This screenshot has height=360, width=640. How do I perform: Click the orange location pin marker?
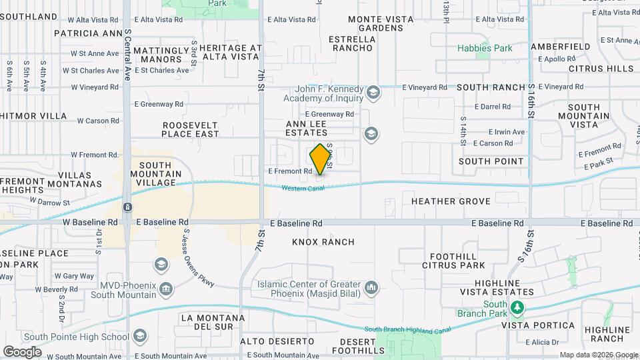click(x=321, y=159)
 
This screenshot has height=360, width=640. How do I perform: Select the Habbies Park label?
click(x=485, y=48)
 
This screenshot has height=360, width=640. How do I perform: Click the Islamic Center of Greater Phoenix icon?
click(x=371, y=289)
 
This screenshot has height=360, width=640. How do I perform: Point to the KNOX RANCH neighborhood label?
click(x=323, y=242)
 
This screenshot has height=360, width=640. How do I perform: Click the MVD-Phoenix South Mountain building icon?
click(x=166, y=289)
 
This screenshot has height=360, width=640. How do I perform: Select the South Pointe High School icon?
click(x=139, y=336)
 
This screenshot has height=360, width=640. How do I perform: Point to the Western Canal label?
click(x=302, y=189)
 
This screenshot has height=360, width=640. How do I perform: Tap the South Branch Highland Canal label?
click(x=407, y=329)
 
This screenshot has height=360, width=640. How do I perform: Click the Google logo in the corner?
click(x=22, y=351)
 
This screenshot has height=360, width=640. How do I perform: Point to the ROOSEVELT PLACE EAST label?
click(x=191, y=129)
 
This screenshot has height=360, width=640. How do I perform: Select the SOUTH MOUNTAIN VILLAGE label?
click(x=155, y=174)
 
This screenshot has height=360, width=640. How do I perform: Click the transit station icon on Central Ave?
click(x=127, y=207)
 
